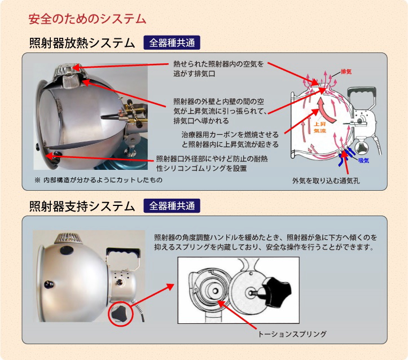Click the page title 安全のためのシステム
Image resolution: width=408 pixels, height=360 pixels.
87,19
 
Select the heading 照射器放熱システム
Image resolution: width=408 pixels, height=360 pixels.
82,43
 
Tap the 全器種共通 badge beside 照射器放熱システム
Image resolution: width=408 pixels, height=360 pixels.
172,43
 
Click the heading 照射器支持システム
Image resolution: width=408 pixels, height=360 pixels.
82,206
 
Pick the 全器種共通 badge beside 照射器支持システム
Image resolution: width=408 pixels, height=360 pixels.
172,206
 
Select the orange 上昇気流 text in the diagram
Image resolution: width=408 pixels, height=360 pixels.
320,128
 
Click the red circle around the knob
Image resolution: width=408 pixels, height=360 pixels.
120,313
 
